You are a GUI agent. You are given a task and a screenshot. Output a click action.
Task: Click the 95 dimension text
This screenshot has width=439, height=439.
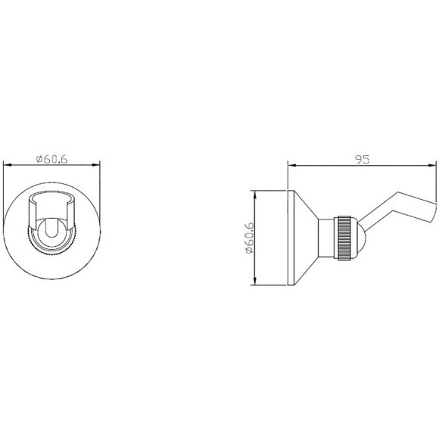363,159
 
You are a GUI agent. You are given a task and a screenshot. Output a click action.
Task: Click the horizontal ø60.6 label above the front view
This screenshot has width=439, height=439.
53,158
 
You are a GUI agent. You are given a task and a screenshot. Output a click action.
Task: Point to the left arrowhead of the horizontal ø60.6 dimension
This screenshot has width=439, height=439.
7,164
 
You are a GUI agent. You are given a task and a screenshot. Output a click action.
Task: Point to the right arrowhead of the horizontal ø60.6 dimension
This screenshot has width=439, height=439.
99,164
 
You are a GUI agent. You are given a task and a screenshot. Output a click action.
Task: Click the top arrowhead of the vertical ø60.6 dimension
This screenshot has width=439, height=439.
255,189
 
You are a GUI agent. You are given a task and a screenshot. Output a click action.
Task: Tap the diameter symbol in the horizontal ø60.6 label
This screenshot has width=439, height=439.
39,158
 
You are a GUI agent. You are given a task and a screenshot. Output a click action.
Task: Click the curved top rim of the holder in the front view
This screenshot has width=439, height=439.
53,198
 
